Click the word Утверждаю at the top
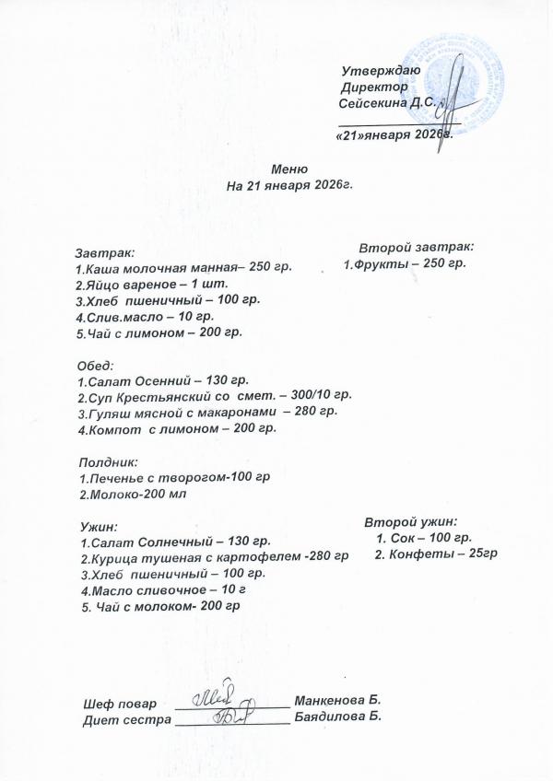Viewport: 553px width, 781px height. (x=381, y=71)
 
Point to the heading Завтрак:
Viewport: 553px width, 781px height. (x=103, y=251)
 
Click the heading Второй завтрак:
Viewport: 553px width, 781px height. (x=417, y=248)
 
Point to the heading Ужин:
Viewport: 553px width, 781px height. (x=96, y=526)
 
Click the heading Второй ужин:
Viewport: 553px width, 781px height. (x=411, y=520)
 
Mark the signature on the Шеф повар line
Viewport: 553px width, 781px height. (x=221, y=697)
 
